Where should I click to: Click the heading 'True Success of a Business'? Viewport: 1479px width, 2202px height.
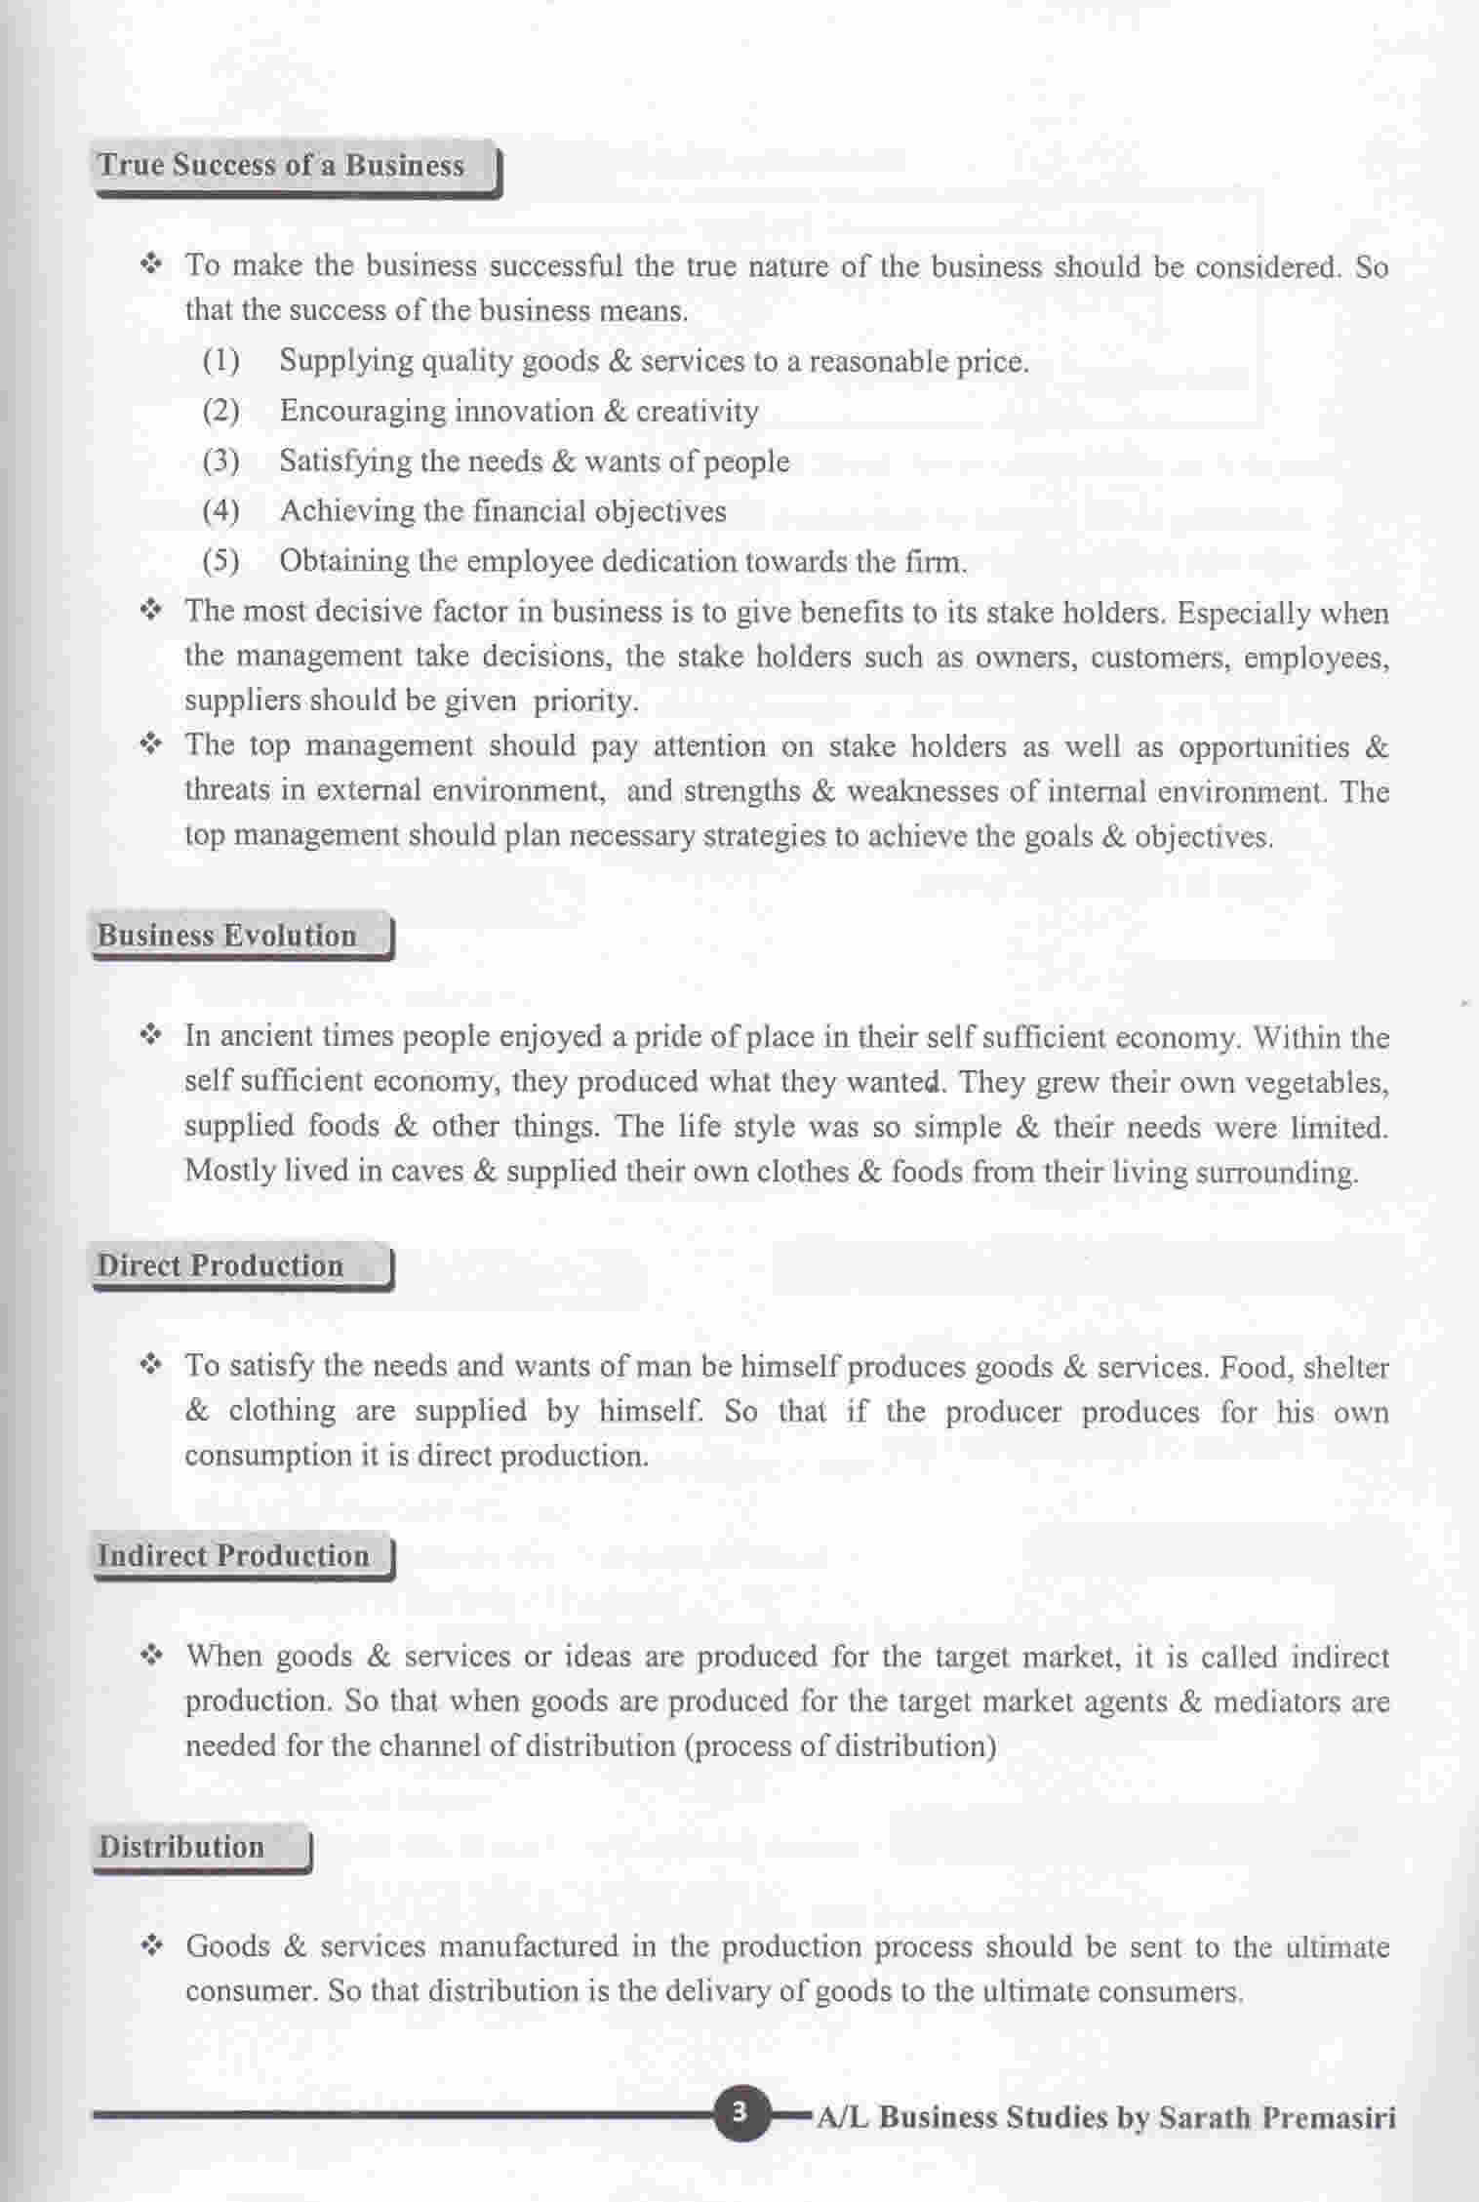(x=281, y=165)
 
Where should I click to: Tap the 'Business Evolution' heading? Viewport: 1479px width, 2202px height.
(x=226, y=936)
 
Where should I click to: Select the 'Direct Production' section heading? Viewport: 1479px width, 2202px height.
(x=220, y=1266)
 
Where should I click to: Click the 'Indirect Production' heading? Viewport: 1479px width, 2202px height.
(x=233, y=1556)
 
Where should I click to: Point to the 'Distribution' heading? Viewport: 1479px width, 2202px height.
(x=181, y=1848)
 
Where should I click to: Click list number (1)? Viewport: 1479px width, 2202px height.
(x=220, y=361)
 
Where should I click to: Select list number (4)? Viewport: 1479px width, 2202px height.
(x=220, y=510)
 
